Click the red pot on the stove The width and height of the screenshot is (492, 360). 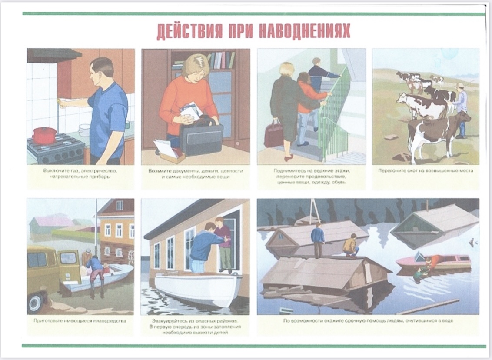click(x=45, y=135)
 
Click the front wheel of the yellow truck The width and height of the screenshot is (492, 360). click(x=37, y=302)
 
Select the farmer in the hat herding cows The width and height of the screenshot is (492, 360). click(x=460, y=110)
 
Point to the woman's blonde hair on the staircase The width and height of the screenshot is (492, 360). click(x=287, y=70)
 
